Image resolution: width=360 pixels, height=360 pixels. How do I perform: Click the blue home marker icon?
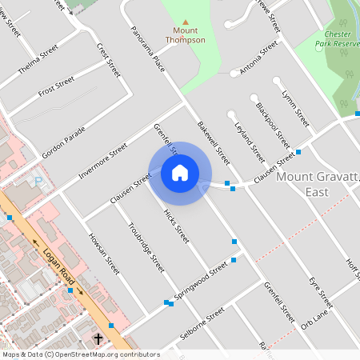(x=180, y=173)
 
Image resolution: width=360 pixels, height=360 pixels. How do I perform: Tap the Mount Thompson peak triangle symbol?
(x=186, y=22)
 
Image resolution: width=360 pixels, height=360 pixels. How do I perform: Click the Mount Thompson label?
(x=186, y=35)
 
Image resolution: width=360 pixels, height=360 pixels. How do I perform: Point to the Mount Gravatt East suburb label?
(x=317, y=184)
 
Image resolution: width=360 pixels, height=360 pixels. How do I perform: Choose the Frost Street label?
(x=56, y=85)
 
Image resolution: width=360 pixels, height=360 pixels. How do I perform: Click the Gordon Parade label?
(x=63, y=142)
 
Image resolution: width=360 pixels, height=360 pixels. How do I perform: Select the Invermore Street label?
(x=103, y=161)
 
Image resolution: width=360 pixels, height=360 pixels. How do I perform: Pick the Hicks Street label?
(x=175, y=226)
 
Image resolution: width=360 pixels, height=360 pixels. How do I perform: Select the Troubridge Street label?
(x=146, y=246)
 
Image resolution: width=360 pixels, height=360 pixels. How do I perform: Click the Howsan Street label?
(x=105, y=253)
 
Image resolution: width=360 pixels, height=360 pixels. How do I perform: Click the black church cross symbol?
(x=98, y=339)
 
